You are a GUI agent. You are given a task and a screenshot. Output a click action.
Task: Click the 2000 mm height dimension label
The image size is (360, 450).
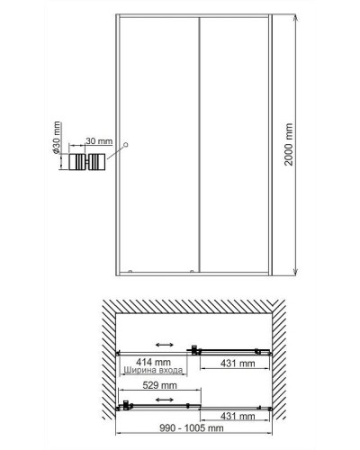[289, 144]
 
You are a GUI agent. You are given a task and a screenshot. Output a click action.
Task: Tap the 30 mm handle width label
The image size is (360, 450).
[99, 141]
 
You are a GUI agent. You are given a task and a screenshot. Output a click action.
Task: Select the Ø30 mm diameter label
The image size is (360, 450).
[57, 138]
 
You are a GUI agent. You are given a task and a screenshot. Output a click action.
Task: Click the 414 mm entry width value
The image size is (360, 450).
[153, 362]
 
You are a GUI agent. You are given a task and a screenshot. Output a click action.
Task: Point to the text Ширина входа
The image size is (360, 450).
[153, 370]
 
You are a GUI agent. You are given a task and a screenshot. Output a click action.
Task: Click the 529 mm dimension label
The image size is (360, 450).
[159, 385]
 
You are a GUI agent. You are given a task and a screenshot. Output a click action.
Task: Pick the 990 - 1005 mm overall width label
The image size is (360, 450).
[192, 427]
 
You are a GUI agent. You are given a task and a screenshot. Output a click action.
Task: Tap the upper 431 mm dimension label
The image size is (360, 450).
[238, 364]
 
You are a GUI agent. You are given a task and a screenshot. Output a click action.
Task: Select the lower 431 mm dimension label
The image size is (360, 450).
[238, 416]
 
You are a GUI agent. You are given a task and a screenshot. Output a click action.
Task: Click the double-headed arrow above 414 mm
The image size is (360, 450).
[165, 345]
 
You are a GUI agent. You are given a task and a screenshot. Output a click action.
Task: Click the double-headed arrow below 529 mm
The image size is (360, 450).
[165, 400]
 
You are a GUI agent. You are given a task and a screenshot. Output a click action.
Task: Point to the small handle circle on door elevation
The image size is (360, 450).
[126, 145]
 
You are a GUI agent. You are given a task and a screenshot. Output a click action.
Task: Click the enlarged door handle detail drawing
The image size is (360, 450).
[87, 162]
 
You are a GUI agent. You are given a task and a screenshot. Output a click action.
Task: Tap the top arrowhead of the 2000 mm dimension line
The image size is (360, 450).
[296, 17]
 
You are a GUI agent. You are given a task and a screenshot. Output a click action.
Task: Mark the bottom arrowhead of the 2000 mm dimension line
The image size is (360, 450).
[296, 272]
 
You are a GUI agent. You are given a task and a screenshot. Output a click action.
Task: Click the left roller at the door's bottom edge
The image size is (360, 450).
[130, 271]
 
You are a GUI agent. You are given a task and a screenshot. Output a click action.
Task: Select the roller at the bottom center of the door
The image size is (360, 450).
[192, 271]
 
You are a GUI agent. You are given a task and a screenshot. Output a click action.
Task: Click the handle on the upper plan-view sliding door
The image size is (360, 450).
[194, 350]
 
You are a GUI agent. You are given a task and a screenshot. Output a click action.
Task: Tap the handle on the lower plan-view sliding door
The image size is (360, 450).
[127, 405]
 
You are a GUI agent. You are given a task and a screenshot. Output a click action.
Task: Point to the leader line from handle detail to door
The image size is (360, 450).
[115, 152]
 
